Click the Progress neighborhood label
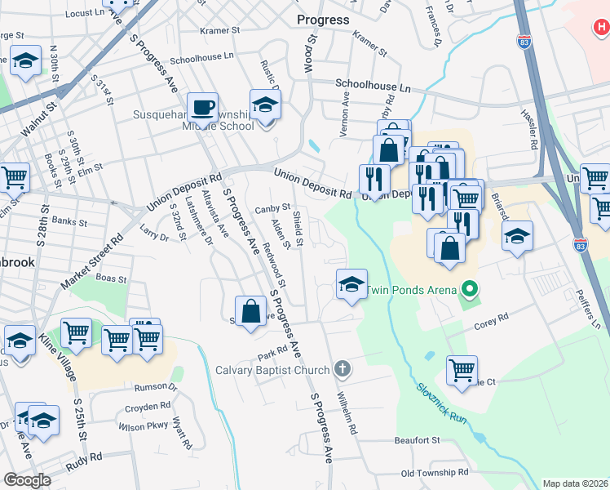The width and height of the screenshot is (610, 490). (x=323, y=20)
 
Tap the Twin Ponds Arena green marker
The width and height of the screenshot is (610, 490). (x=469, y=288)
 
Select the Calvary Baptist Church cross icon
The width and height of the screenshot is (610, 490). (x=343, y=369)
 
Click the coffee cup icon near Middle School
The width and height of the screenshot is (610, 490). (x=202, y=107)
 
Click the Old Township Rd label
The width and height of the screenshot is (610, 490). (x=435, y=472)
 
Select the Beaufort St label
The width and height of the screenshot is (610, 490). (x=418, y=440)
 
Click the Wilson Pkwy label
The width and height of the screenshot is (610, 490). (x=142, y=426)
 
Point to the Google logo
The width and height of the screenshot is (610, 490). (x=27, y=479)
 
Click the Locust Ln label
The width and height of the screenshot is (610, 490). (x=85, y=14)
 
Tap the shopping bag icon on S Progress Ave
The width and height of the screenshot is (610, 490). (x=251, y=310)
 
